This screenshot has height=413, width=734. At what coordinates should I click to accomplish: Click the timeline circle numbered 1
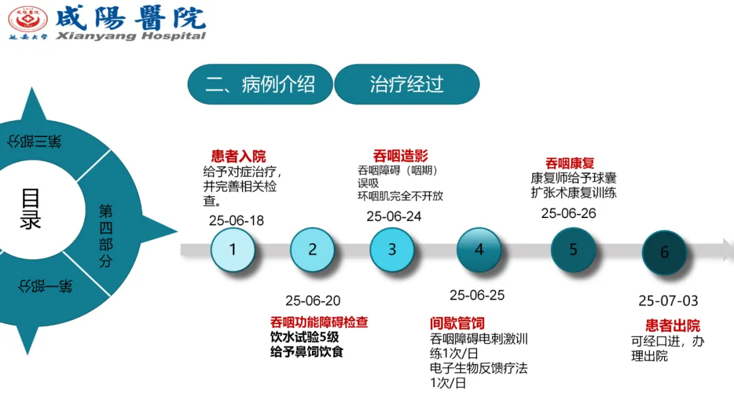click(233, 249)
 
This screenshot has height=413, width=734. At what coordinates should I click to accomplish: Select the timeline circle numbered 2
click(313, 249)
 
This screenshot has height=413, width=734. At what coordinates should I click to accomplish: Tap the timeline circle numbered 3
click(392, 249)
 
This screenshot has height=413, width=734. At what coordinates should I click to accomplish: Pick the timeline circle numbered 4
click(479, 250)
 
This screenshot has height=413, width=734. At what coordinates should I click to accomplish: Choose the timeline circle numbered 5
click(573, 250)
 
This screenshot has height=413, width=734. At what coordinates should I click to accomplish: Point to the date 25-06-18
click(237, 221)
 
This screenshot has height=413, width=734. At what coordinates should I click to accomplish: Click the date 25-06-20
click(313, 301)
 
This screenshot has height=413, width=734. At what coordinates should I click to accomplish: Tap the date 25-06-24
click(394, 216)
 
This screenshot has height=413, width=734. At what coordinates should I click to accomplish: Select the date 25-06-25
click(477, 295)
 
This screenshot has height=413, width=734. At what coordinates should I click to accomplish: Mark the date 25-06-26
click(569, 213)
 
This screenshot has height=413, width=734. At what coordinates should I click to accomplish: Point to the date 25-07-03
click(668, 301)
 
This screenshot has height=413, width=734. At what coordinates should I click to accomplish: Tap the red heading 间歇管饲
click(457, 323)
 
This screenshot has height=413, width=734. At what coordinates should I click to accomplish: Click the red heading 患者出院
click(672, 325)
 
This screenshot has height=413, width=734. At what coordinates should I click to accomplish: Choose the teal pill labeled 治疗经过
click(406, 84)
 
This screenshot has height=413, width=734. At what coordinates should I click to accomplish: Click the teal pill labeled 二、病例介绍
click(260, 84)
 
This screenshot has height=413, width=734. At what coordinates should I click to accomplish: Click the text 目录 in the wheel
click(31, 209)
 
